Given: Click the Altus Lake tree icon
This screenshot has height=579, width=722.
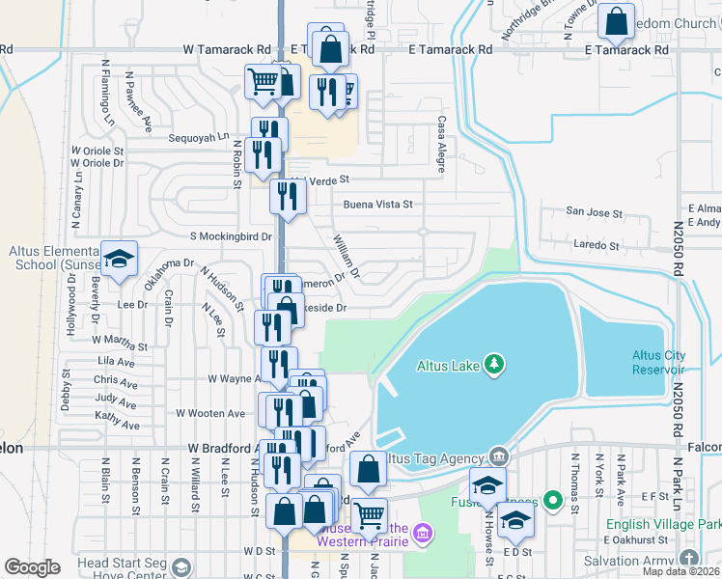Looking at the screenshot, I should click(x=494, y=364).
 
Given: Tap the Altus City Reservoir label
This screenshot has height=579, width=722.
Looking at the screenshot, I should click(x=659, y=362).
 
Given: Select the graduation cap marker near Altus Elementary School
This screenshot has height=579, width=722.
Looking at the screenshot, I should click(x=119, y=259).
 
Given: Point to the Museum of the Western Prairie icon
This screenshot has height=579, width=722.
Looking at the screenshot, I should click(x=421, y=533).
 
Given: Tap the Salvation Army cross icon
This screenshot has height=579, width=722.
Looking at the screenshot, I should click(x=687, y=559).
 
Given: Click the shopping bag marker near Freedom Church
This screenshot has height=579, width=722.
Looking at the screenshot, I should click(x=615, y=20).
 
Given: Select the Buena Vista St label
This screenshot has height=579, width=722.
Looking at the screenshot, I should click(x=377, y=205).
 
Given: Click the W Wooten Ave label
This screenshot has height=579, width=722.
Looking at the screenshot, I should click(x=210, y=413).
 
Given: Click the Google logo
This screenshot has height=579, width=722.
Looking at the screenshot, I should click(x=32, y=567).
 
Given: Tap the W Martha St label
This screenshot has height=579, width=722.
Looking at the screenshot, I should click(x=120, y=343).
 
